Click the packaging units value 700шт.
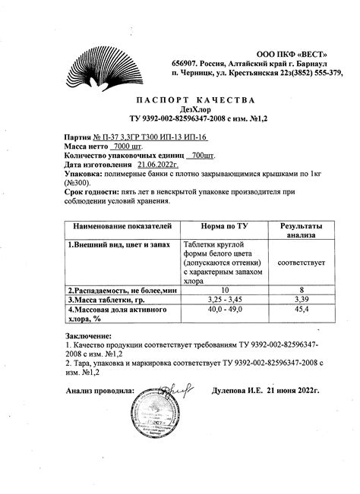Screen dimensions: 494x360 (201, 155)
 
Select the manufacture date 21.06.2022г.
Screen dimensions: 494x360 (156, 165)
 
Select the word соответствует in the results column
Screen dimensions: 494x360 (302, 263)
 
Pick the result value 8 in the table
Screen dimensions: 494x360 (302, 290)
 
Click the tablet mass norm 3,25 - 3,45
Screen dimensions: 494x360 (224, 300)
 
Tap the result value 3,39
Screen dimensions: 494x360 (302, 300)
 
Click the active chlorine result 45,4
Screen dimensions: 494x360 (302, 310)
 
